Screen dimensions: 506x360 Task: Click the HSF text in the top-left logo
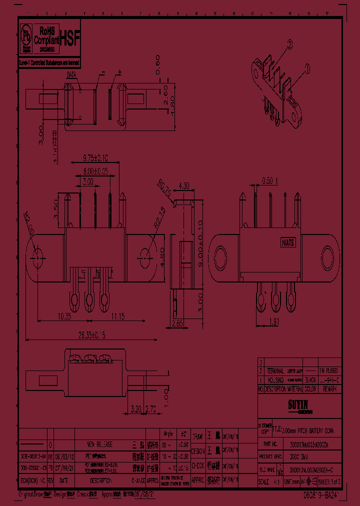click(x=69, y=36)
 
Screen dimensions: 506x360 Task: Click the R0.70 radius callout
click(x=165, y=188)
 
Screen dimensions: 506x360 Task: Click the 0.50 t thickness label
click(x=269, y=181)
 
